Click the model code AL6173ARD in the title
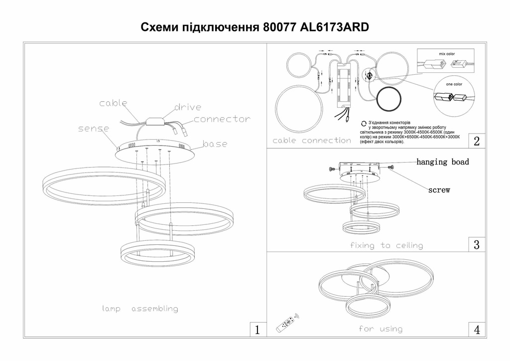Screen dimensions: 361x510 335,27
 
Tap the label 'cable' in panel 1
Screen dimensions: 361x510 113,103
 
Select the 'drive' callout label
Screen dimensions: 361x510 188,107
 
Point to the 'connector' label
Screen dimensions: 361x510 222,119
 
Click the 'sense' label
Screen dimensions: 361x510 94,129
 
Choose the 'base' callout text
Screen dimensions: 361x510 215,144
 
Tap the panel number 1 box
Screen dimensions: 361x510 257,329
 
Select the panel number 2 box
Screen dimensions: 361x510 477,141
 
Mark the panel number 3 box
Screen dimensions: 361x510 477,244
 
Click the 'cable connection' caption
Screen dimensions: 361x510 312,141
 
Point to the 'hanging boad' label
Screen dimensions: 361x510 442,162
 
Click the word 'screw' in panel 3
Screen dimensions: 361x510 439,190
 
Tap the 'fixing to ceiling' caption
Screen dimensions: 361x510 386,245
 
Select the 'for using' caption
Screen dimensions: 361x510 380,329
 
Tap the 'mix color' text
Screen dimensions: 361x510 446,53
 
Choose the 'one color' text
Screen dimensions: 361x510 454,84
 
